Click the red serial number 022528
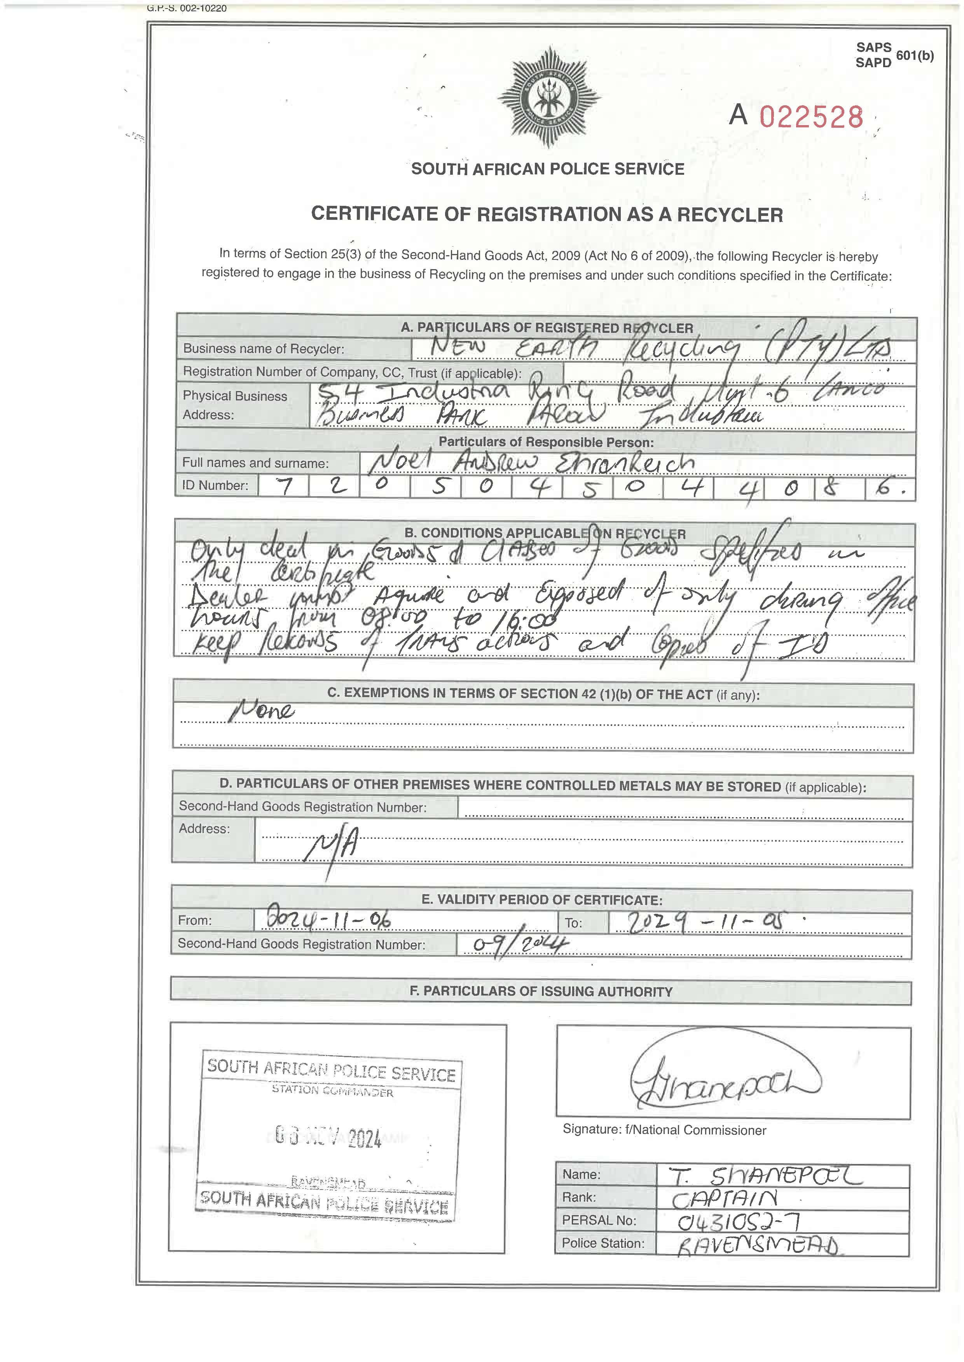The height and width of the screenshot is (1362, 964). pos(811,117)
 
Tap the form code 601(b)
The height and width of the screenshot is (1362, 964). pos(914,56)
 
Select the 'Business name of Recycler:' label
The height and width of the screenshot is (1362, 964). pos(263,349)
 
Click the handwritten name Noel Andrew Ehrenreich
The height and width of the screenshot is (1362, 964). pos(530,463)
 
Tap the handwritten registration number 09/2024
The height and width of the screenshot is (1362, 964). pos(520,945)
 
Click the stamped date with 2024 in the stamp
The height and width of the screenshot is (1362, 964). pos(328,1137)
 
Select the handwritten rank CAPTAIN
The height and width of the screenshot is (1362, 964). pos(724,1199)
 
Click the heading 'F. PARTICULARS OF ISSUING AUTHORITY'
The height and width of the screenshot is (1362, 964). pos(541,991)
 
